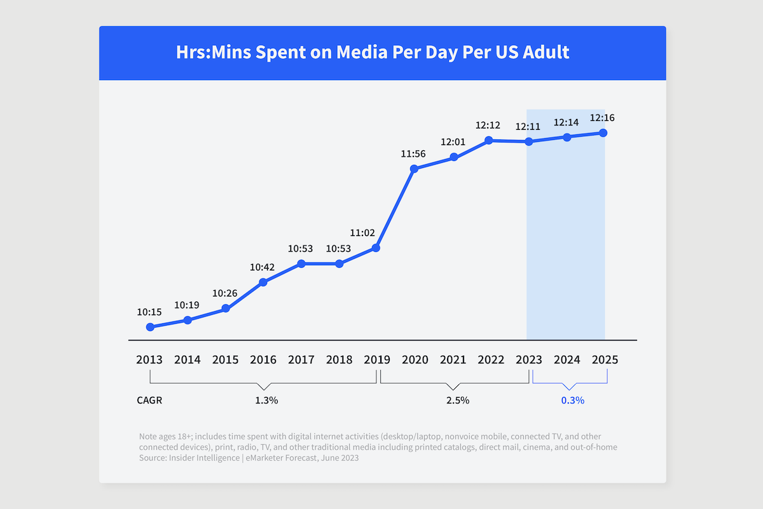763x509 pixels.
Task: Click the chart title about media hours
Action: pyautogui.click(x=373, y=52)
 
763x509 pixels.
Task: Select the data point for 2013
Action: pyautogui.click(x=150, y=327)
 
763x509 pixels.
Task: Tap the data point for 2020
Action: pyautogui.click(x=414, y=169)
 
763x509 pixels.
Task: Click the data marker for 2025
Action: pyautogui.click(x=603, y=133)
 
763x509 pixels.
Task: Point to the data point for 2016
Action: pyautogui.click(x=263, y=282)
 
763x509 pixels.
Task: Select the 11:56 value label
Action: pyautogui.click(x=413, y=153)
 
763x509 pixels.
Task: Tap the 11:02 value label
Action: pyautogui.click(x=362, y=232)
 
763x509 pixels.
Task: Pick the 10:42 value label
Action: pyautogui.click(x=263, y=267)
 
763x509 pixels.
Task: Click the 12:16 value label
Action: pyautogui.click(x=602, y=118)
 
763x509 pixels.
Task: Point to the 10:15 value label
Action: pyautogui.click(x=149, y=312)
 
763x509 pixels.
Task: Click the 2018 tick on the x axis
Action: pyautogui.click(x=339, y=359)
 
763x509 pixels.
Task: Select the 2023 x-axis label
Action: pyautogui.click(x=529, y=359)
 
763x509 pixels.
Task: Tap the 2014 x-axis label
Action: pyautogui.click(x=187, y=359)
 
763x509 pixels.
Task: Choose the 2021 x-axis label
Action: pyautogui.click(x=453, y=359)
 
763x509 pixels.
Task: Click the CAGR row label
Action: pyautogui.click(x=149, y=401)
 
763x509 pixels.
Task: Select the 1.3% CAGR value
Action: pyautogui.click(x=266, y=401)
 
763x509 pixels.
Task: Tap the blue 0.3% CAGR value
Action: pyautogui.click(x=572, y=401)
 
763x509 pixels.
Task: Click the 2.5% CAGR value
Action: pyautogui.click(x=457, y=401)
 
